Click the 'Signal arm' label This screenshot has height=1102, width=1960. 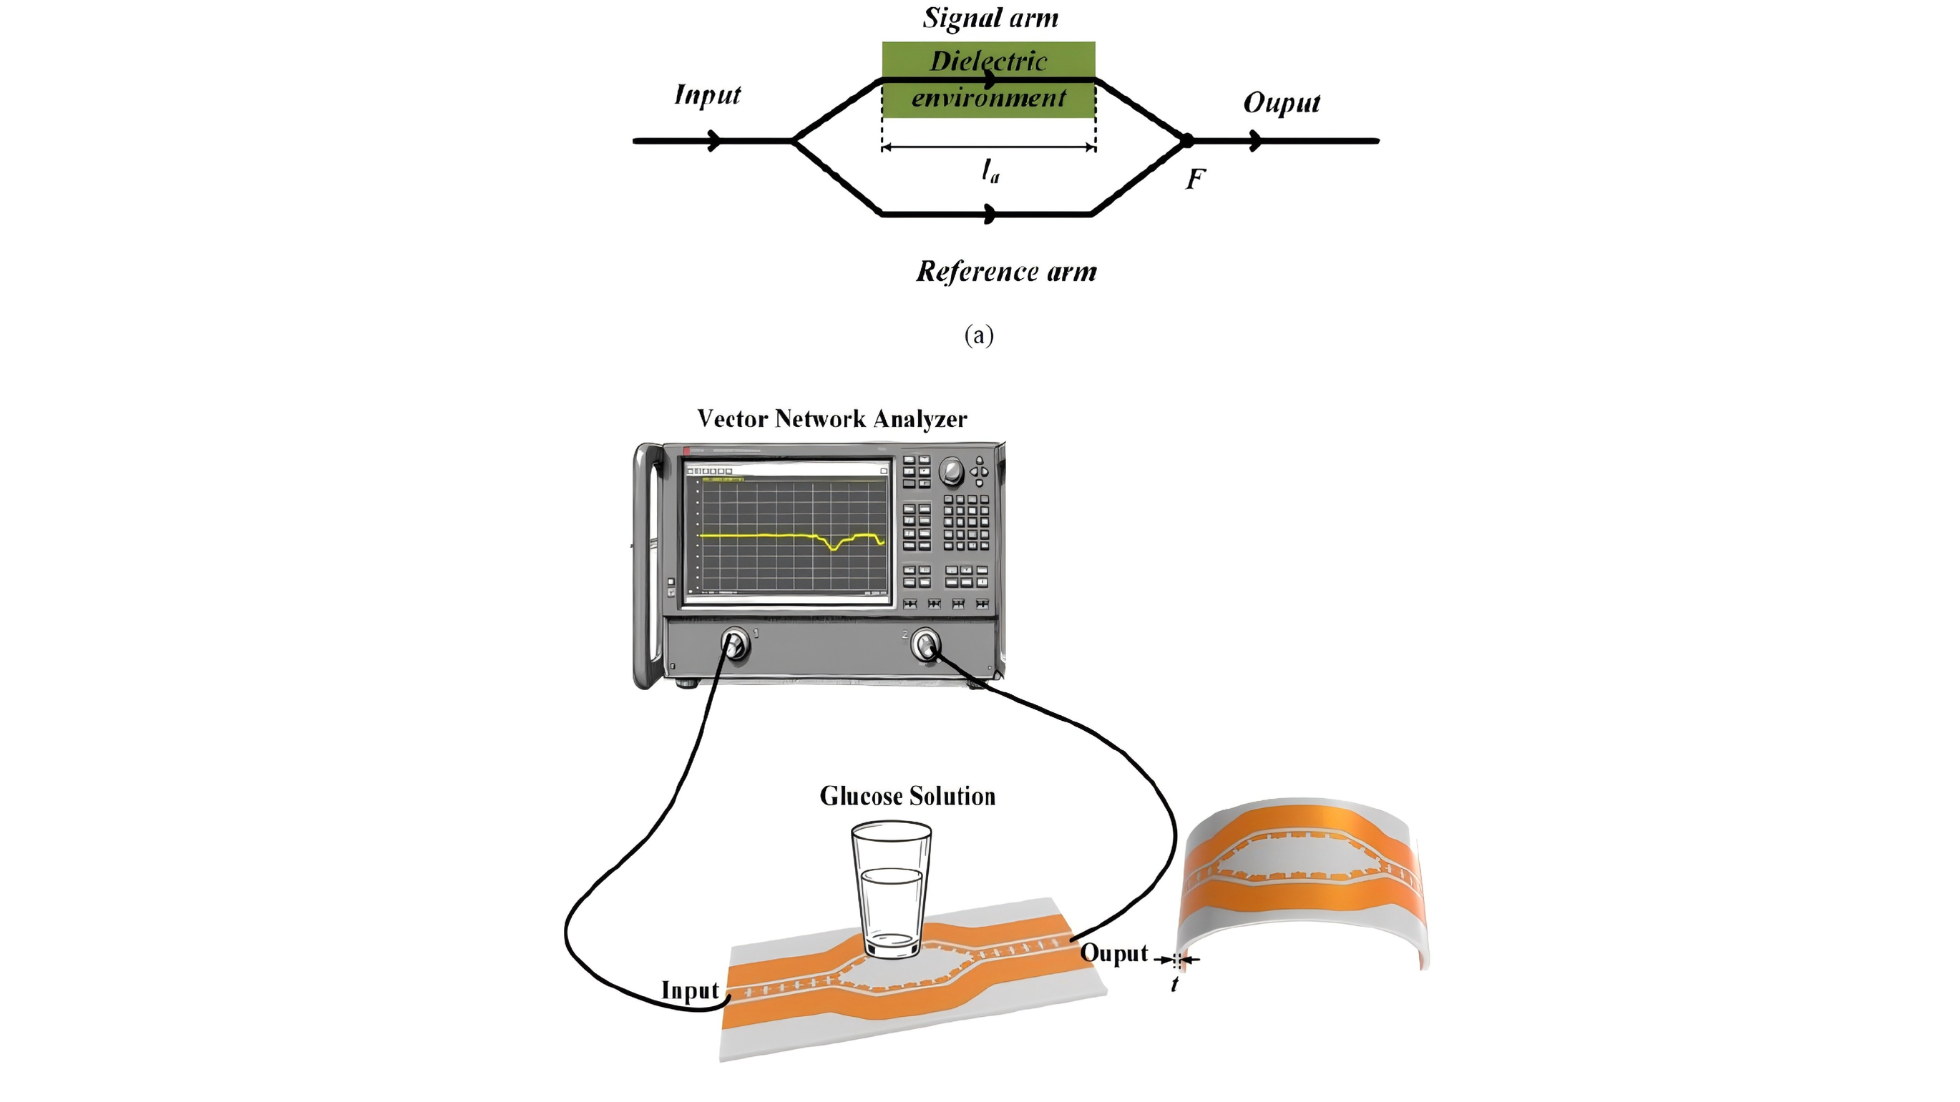tap(990, 17)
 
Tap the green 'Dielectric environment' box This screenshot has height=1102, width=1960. tap(988, 80)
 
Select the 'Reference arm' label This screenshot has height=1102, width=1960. tap(1006, 272)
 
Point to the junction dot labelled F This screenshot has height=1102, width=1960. tap(1186, 141)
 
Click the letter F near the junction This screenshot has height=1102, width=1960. tap(1195, 179)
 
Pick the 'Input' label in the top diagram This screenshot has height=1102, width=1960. tap(708, 95)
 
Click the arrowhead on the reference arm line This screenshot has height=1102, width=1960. tap(990, 215)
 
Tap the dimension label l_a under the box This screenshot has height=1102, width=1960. tap(990, 171)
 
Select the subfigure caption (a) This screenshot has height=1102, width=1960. tap(978, 335)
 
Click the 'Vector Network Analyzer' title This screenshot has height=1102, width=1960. tap(832, 418)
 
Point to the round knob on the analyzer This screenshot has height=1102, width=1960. tap(951, 471)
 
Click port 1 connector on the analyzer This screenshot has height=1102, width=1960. tap(735, 645)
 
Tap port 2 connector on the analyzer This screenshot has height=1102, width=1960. tap(925, 645)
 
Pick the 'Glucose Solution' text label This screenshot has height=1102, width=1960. tap(907, 796)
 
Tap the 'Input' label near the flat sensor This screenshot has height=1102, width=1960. tap(689, 991)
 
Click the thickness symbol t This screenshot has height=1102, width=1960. tap(1175, 984)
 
